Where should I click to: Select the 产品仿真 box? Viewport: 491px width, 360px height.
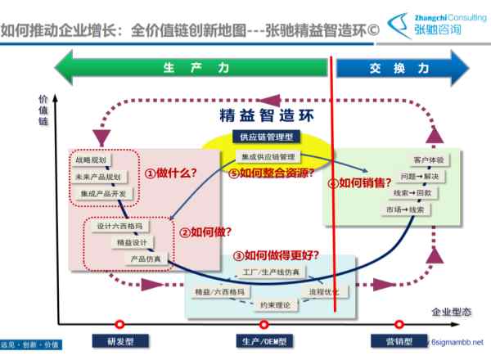point(144,258)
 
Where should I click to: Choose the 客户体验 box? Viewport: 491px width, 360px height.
point(429,160)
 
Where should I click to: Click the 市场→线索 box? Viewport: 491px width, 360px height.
point(404,209)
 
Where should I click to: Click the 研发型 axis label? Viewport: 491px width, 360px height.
point(120,342)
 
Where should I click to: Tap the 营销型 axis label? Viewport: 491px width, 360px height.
point(401,342)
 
